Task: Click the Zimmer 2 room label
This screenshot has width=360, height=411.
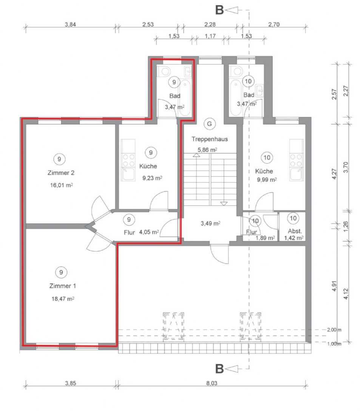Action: pos(61,173)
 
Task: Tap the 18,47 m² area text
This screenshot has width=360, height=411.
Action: pos(63,298)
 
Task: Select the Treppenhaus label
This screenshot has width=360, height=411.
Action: pos(210,139)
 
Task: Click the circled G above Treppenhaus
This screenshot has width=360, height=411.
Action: pos(209,124)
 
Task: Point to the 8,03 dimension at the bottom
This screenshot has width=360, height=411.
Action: pos(212,383)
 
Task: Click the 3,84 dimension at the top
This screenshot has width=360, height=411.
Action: pos(70,25)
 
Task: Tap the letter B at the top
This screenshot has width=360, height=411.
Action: pos(219,10)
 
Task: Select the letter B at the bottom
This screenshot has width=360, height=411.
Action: pos(219,369)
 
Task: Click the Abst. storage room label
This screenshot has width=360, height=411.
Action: pos(295,231)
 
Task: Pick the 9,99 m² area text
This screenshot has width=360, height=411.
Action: pos(267,180)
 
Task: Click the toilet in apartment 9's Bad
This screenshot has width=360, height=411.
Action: pos(164,71)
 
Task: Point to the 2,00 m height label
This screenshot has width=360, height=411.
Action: pos(334,330)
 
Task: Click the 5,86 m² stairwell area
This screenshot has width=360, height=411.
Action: pos(207,150)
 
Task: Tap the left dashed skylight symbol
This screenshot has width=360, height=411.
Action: pos(173,327)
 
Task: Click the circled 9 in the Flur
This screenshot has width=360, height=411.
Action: pos(129,219)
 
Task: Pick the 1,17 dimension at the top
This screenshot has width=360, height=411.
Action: pos(210,36)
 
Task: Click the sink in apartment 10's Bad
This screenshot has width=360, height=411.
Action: pos(260,90)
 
